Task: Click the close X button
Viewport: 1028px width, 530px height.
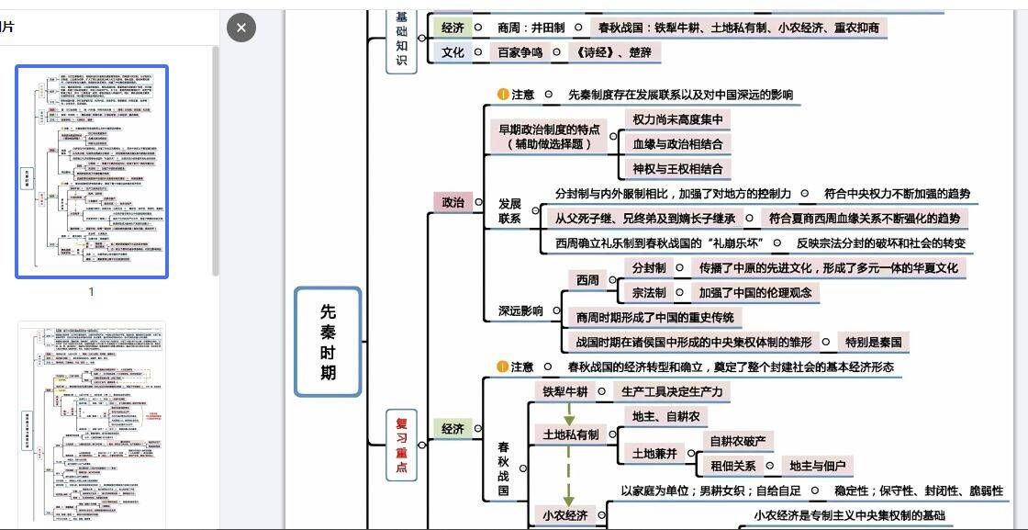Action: tap(240, 28)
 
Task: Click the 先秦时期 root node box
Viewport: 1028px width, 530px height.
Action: tap(328, 342)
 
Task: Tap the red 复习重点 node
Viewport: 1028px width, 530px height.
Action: tap(401, 445)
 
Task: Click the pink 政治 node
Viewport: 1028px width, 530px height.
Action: tap(453, 202)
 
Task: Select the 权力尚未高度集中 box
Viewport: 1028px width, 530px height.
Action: tap(677, 119)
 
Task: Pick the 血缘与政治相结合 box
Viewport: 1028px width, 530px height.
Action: tap(677, 144)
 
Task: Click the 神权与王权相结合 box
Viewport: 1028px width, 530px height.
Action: tap(677, 169)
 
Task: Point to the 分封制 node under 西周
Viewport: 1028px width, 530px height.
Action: tap(649, 267)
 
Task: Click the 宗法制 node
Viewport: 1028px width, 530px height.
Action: tap(649, 292)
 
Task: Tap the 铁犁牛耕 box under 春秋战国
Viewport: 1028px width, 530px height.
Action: tap(564, 391)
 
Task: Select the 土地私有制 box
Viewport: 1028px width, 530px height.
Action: tap(570, 434)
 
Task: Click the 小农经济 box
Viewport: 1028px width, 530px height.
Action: tap(564, 515)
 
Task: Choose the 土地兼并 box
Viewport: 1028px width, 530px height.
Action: tap(654, 453)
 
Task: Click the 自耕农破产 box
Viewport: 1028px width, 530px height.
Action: tap(740, 441)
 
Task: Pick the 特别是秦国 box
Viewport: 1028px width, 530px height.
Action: tap(873, 342)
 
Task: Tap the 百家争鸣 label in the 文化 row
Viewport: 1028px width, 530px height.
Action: tap(521, 52)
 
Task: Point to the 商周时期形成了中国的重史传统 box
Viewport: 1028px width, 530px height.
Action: tap(654, 317)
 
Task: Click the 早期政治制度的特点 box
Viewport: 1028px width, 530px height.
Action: tap(549, 136)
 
